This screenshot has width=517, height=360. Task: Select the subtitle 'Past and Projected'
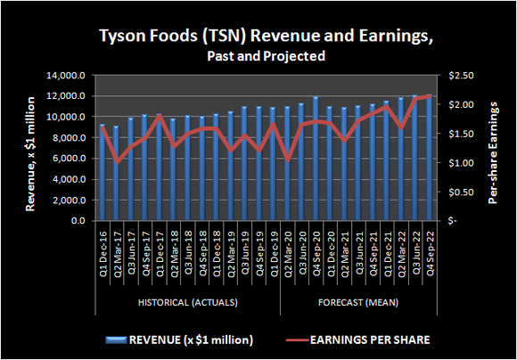click(258, 55)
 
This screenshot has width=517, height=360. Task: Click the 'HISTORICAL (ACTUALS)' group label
click(188, 303)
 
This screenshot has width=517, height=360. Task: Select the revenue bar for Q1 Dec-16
click(102, 174)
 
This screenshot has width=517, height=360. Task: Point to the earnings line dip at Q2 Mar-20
click(287, 160)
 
